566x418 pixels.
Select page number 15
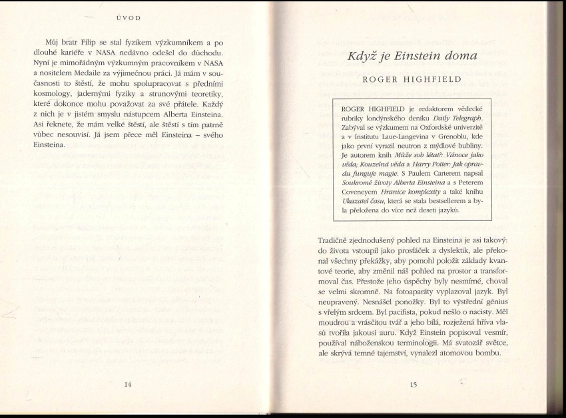click(x=413, y=384)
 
